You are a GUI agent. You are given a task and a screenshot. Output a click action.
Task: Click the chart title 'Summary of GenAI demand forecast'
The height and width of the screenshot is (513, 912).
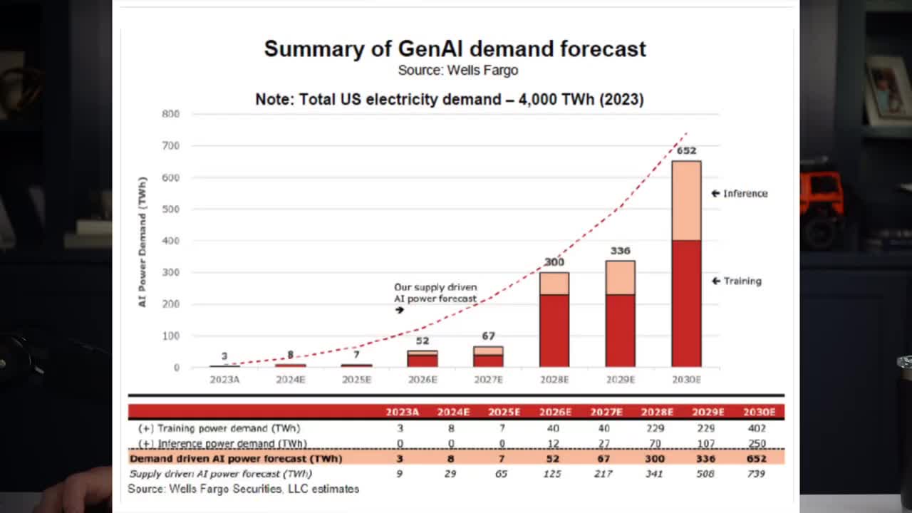click(455, 49)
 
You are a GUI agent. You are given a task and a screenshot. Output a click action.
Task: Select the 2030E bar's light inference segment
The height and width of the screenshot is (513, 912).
click(686, 201)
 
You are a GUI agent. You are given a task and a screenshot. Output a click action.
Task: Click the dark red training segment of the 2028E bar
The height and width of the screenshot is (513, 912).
click(554, 330)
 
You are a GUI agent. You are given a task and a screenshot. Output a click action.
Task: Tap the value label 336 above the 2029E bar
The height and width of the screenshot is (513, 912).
click(620, 251)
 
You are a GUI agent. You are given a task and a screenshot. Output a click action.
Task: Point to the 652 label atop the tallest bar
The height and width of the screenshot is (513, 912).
click(686, 151)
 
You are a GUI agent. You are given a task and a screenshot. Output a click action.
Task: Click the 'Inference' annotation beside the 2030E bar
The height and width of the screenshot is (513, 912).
click(745, 194)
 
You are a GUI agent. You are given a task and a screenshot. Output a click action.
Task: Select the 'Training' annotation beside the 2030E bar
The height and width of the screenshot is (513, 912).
click(742, 281)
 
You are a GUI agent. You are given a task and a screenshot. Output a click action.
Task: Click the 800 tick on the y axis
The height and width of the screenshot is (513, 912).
click(170, 114)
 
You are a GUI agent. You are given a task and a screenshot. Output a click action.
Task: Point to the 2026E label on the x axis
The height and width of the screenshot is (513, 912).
click(423, 380)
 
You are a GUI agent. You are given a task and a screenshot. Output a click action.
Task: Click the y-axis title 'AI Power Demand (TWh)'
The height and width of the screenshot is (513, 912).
click(142, 242)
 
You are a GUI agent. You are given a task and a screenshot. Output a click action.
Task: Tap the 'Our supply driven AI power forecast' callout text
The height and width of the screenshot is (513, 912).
click(435, 293)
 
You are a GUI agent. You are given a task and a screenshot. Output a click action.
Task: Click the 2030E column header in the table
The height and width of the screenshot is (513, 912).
click(758, 412)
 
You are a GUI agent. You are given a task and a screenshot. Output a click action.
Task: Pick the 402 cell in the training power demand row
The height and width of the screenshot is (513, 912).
click(757, 428)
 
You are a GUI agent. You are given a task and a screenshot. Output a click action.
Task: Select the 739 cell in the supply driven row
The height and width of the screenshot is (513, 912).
click(755, 473)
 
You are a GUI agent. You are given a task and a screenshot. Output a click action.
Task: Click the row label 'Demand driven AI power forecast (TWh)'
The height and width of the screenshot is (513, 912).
click(235, 458)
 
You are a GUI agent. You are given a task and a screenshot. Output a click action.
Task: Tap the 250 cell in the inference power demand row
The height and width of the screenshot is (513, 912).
click(757, 443)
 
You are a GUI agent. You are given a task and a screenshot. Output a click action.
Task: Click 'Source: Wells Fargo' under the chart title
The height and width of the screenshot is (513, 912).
click(457, 71)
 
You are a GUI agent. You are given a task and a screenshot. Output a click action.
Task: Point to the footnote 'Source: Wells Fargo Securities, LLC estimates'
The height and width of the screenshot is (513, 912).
click(243, 489)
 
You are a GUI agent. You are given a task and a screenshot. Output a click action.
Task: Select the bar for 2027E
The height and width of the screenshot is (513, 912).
click(488, 356)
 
